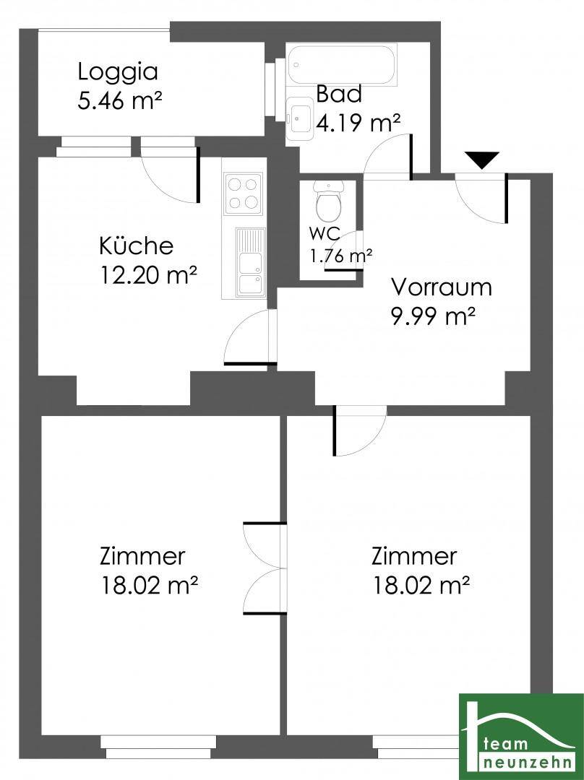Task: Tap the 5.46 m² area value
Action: coord(119,101)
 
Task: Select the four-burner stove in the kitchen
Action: coord(244,194)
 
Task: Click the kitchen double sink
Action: coord(251,261)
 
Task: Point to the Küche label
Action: coord(137,246)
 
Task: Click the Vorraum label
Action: coord(441,287)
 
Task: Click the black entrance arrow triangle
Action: coord(482,160)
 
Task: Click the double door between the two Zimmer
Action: coord(265,568)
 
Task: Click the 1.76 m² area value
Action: coord(342,256)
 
